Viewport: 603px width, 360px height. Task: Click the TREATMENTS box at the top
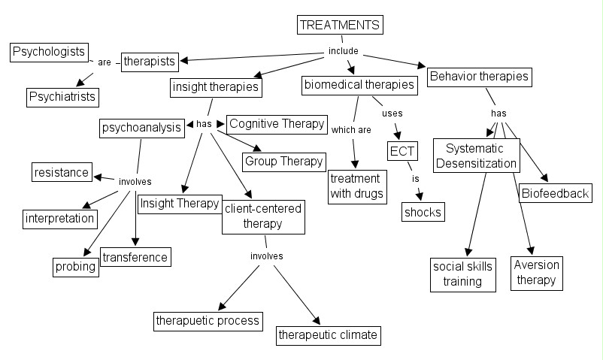click(x=340, y=25)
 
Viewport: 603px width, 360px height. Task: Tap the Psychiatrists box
click(x=63, y=96)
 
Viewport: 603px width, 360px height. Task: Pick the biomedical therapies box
click(x=359, y=85)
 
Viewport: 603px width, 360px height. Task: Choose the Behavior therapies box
click(x=479, y=76)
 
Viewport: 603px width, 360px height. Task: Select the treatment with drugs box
click(x=356, y=186)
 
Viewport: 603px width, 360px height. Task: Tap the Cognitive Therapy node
click(x=277, y=124)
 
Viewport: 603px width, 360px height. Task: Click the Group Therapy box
click(x=283, y=161)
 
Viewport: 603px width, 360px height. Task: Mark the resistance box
click(x=62, y=172)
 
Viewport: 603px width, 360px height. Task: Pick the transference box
click(x=135, y=256)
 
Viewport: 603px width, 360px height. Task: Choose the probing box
click(x=74, y=266)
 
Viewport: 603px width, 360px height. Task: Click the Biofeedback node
click(x=554, y=193)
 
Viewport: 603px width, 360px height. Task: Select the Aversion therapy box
click(x=536, y=272)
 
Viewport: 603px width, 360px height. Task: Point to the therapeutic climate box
click(x=327, y=334)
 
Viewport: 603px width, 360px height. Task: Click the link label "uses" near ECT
click(x=392, y=113)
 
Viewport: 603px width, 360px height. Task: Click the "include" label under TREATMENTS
click(x=344, y=51)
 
